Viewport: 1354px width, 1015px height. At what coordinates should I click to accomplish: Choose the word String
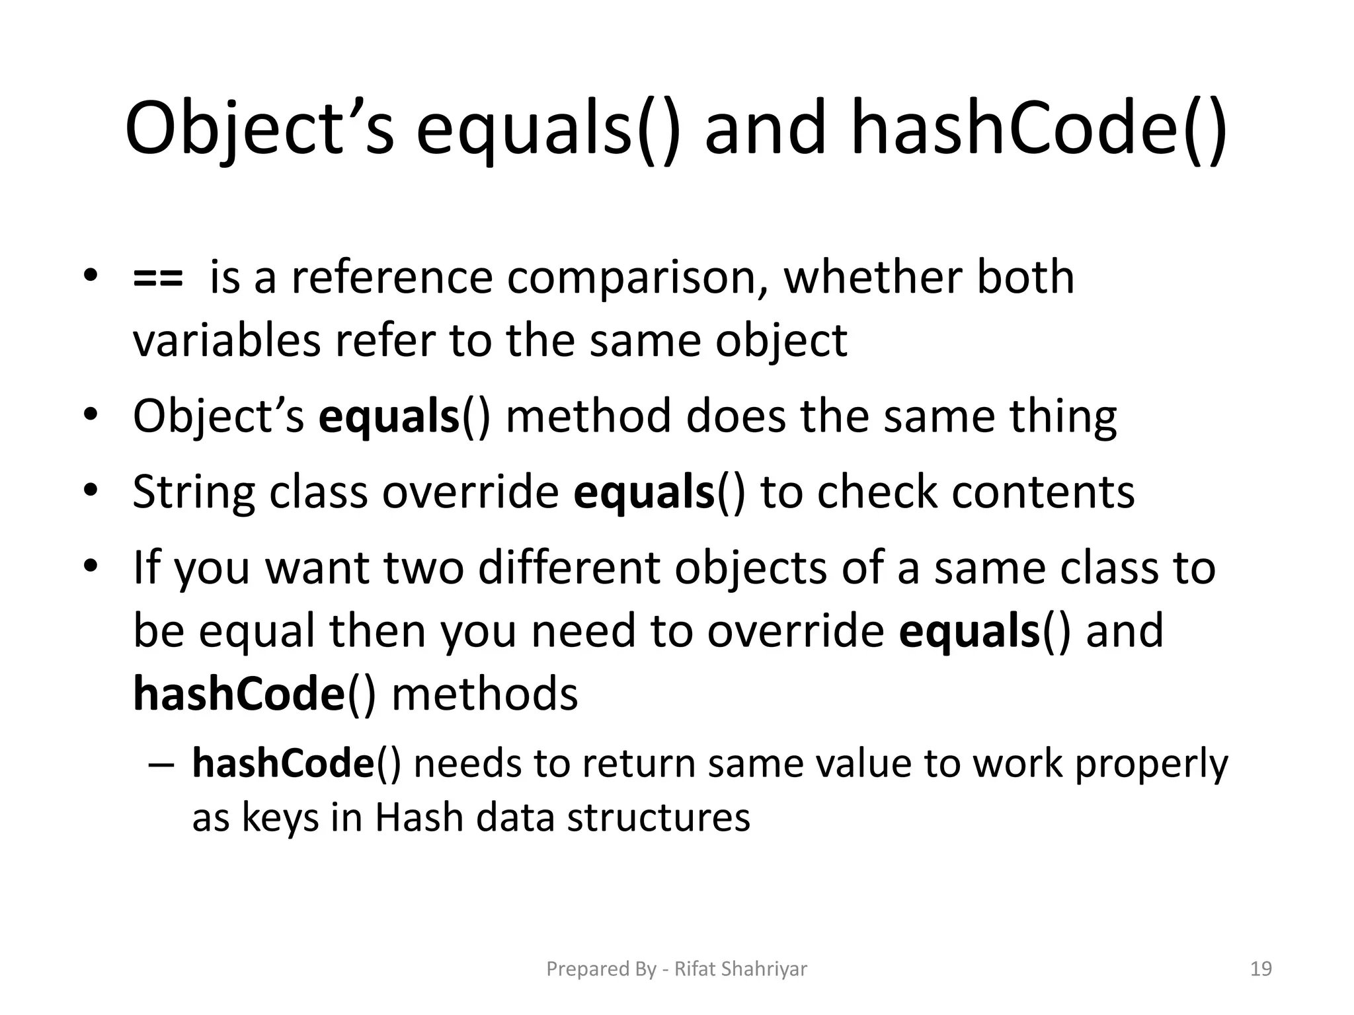[193, 493]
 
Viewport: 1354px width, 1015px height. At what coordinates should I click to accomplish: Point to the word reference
[392, 278]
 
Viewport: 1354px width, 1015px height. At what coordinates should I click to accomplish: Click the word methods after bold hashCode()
[485, 695]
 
